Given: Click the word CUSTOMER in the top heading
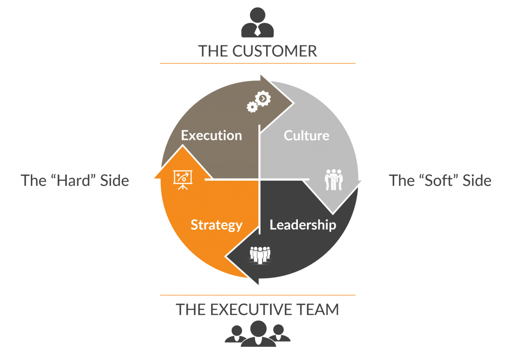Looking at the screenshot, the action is [x=275, y=51].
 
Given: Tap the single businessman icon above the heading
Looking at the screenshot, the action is [x=257, y=22].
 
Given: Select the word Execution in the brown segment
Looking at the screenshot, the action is [x=212, y=135].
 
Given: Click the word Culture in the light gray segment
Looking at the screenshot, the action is [x=306, y=135].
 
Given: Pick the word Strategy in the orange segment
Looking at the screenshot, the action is [x=217, y=225].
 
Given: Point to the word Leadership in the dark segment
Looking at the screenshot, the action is [x=303, y=225].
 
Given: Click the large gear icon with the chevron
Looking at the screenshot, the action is [x=263, y=98].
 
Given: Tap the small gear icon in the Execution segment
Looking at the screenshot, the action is [x=252, y=107].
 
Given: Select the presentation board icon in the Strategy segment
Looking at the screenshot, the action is [x=183, y=180].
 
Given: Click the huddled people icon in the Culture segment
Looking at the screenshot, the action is [x=334, y=180].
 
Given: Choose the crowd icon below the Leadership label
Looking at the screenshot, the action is [x=260, y=255].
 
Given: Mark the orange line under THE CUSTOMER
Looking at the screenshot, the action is [x=257, y=63].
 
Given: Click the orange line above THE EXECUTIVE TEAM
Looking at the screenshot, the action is [x=257, y=295].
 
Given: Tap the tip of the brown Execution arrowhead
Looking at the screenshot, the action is [x=293, y=104].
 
